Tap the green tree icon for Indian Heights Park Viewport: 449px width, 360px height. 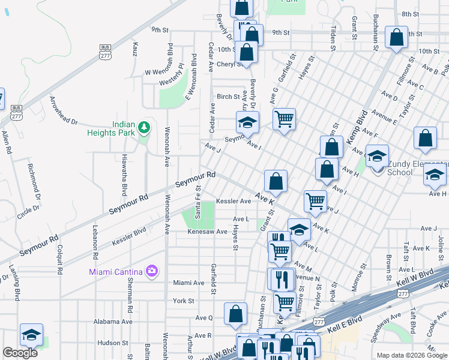click(x=143, y=127)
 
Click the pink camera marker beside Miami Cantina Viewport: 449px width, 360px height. click(x=151, y=271)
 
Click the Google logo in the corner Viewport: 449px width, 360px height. click(x=20, y=353)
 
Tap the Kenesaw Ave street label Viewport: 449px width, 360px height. click(x=207, y=231)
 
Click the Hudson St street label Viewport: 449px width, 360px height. click(x=109, y=343)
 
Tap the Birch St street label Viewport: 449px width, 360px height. click(x=228, y=97)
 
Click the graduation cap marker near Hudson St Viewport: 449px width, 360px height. click(x=31, y=336)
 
